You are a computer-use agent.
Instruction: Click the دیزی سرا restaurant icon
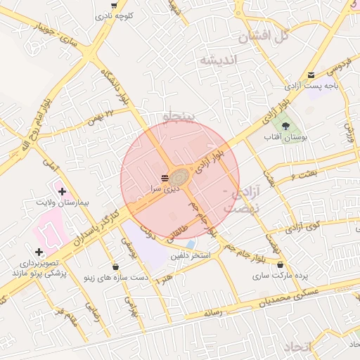tap(165, 177)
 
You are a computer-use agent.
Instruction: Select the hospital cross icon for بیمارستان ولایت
tap(63, 191)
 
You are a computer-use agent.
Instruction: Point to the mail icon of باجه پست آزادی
tap(311, 75)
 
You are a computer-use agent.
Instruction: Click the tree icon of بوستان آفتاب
tap(284, 126)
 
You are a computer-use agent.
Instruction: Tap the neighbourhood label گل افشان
tap(264, 37)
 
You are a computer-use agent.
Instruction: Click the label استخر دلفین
tap(191, 256)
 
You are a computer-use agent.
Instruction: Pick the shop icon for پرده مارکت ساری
tap(281, 264)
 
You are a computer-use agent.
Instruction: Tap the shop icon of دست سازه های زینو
tap(115, 266)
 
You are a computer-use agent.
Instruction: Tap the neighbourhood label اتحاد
tap(298, 347)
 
